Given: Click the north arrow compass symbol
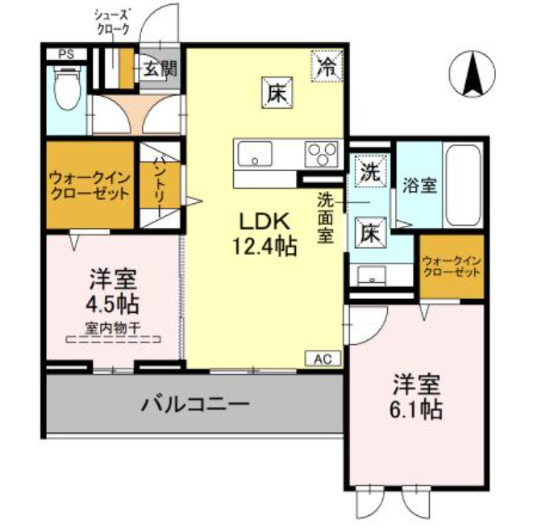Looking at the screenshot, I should point(472,72).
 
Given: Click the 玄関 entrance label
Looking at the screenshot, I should point(160,69).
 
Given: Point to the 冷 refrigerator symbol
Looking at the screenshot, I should point(327,64).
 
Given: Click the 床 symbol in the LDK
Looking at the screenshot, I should point(277,94).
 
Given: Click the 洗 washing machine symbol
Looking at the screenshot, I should point(369,172).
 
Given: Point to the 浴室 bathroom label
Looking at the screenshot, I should point(419,185).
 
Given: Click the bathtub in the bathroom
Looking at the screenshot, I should point(463,185).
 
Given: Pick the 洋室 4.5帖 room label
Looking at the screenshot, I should point(112,292).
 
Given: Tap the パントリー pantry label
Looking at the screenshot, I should point(159,181).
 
